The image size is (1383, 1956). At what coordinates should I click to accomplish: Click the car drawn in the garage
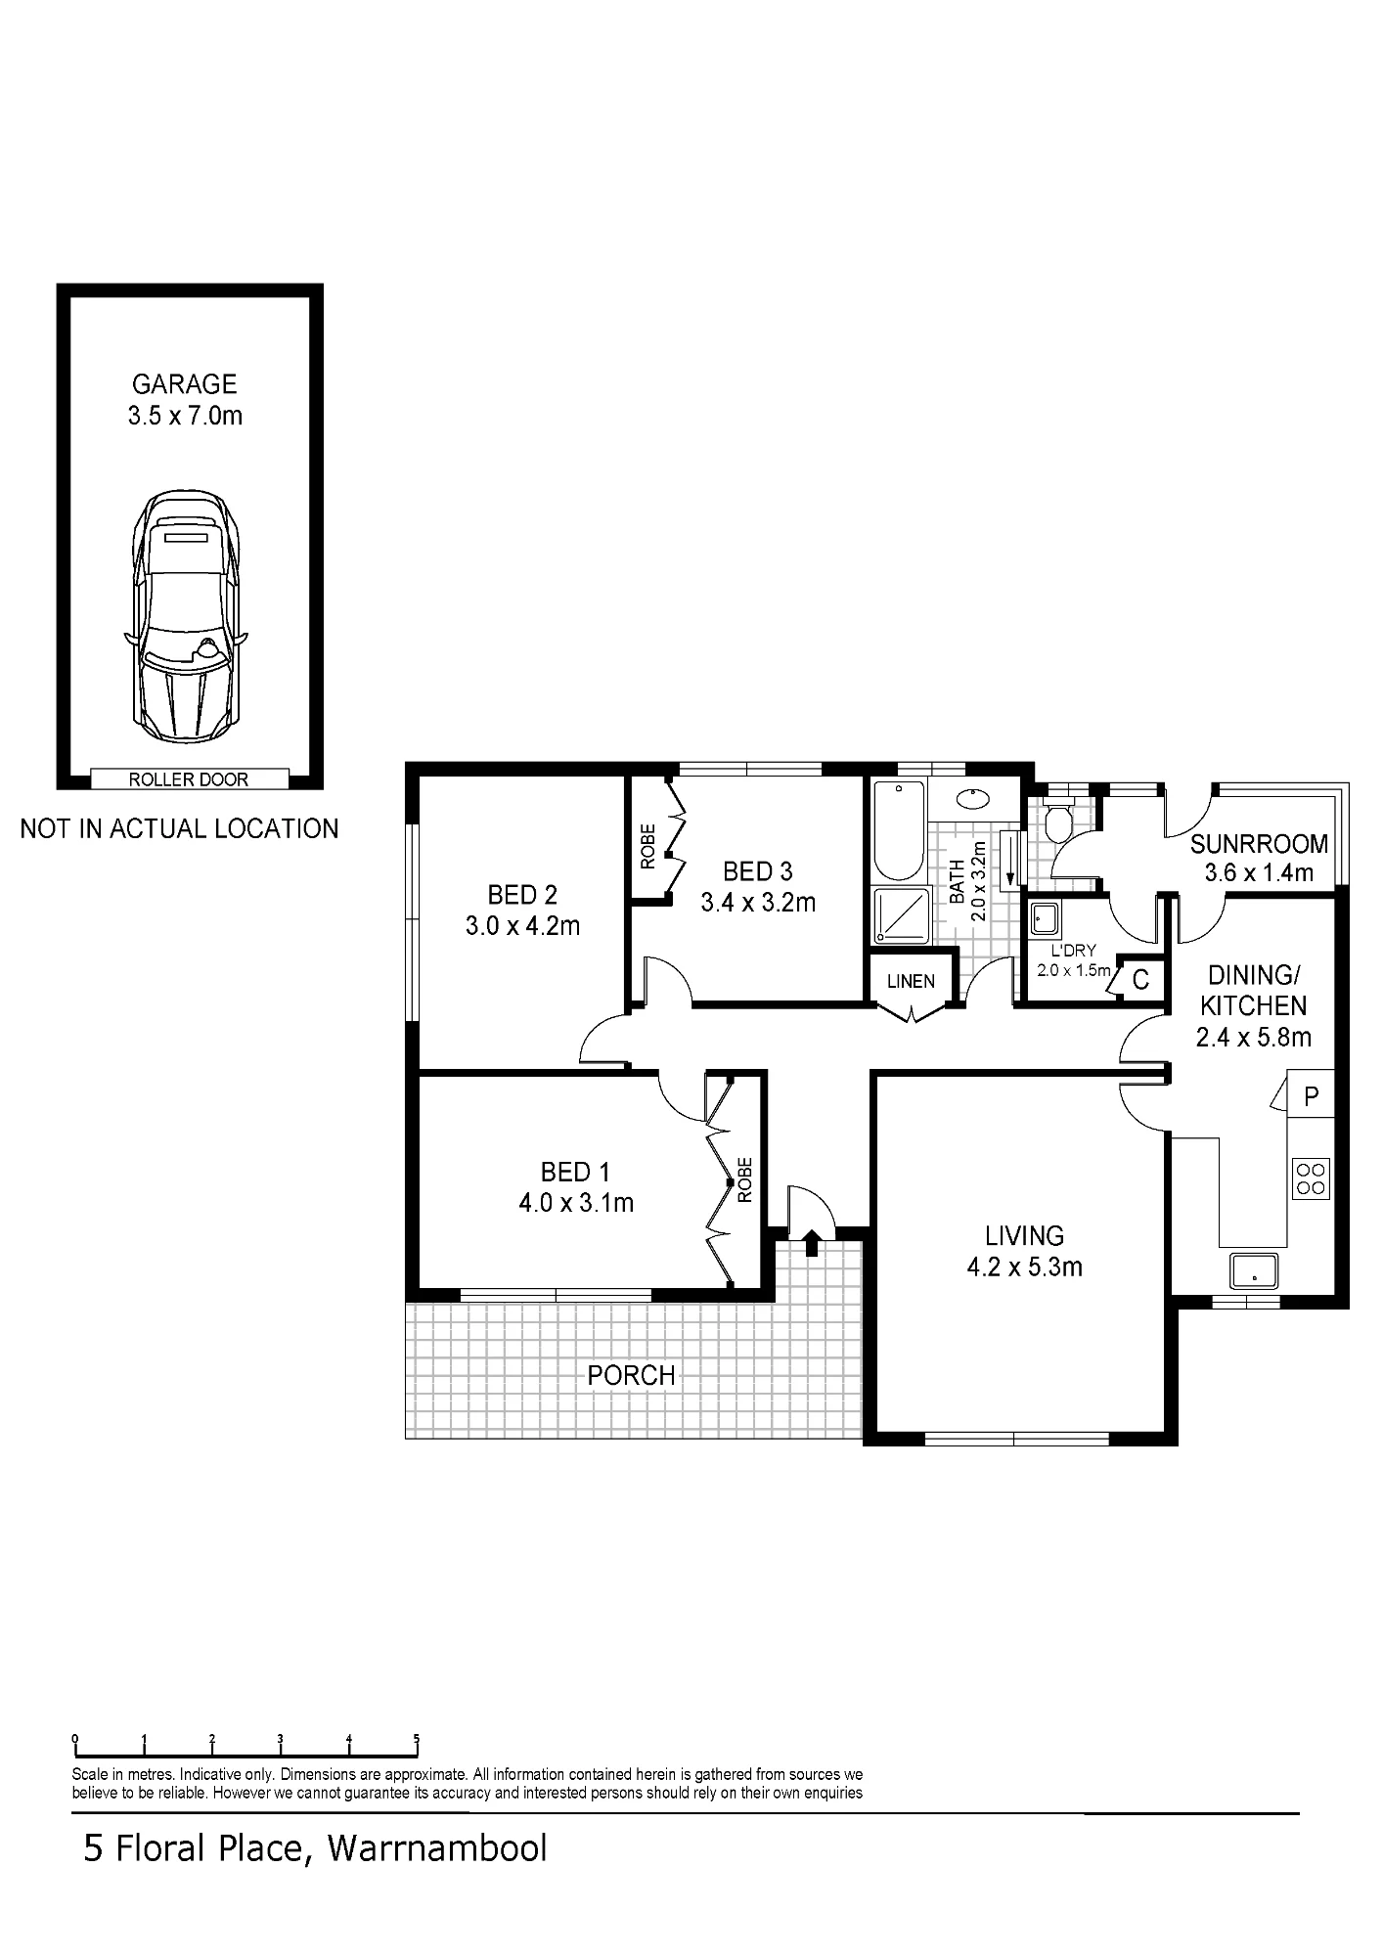tap(186, 616)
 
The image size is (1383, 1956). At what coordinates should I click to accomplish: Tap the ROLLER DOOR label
tap(189, 779)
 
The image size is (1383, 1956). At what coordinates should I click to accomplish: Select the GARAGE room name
tap(185, 383)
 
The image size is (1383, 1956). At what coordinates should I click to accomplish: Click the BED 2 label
tap(522, 894)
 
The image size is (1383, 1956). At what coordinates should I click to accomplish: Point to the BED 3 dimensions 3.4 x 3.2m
tap(758, 902)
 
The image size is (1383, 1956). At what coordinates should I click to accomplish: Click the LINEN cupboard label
tap(911, 981)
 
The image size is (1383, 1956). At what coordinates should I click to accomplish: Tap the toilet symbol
tap(1057, 820)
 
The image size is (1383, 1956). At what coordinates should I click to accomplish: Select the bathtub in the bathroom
tap(898, 830)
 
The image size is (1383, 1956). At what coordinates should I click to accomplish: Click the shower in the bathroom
tap(901, 915)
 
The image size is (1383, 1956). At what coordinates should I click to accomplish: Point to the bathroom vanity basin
tap(974, 798)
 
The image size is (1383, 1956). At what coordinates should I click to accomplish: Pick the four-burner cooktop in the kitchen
tap(1311, 1178)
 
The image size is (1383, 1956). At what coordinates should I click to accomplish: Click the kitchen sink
tap(1254, 1270)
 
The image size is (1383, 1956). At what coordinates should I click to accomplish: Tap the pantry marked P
tap(1312, 1095)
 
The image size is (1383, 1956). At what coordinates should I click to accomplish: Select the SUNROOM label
tap(1259, 843)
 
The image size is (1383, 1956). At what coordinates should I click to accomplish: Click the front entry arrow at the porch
tap(811, 1242)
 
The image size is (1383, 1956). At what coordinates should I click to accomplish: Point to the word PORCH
tap(631, 1375)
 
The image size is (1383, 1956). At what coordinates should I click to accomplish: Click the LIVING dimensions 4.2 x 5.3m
tap(1024, 1267)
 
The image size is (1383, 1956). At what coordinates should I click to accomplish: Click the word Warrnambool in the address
tap(437, 1848)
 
